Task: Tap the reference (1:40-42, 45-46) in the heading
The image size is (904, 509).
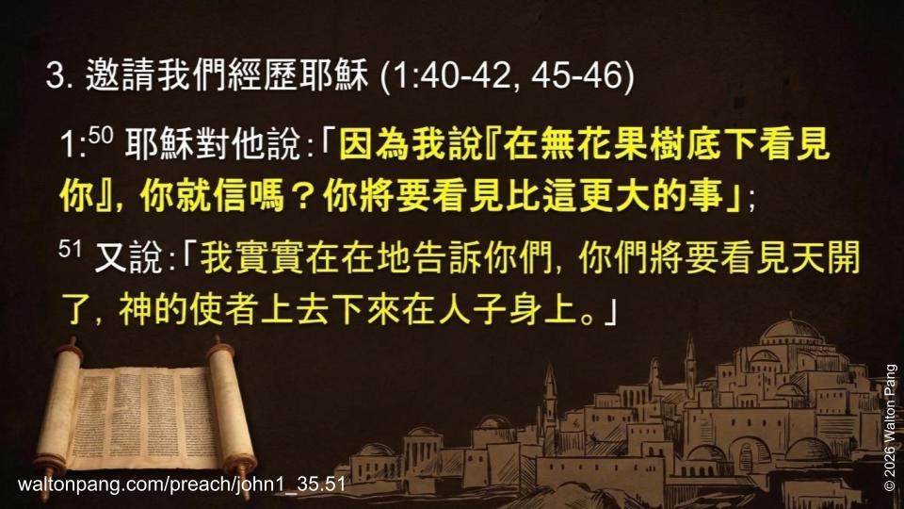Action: click(506, 76)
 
